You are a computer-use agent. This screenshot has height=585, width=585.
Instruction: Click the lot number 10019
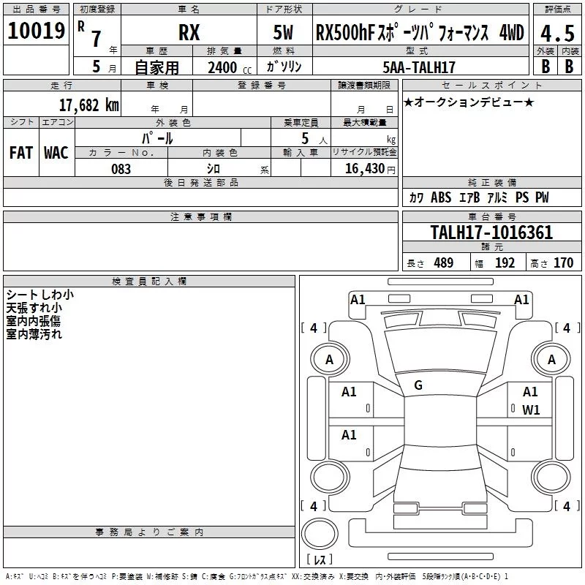36,31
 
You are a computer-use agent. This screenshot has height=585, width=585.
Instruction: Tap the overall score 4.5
557,33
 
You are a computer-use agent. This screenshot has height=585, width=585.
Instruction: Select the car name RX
189,32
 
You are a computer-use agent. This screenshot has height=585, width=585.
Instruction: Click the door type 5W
283,32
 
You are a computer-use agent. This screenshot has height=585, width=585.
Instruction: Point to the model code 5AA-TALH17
419,67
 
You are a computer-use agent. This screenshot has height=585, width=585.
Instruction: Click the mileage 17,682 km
89,105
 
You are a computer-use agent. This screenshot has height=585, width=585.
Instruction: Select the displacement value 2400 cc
230,68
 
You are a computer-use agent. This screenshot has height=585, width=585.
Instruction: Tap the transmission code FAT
21,153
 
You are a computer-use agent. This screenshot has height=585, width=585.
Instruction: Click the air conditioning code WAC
56,153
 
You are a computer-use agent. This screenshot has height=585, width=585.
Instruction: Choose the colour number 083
121,169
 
